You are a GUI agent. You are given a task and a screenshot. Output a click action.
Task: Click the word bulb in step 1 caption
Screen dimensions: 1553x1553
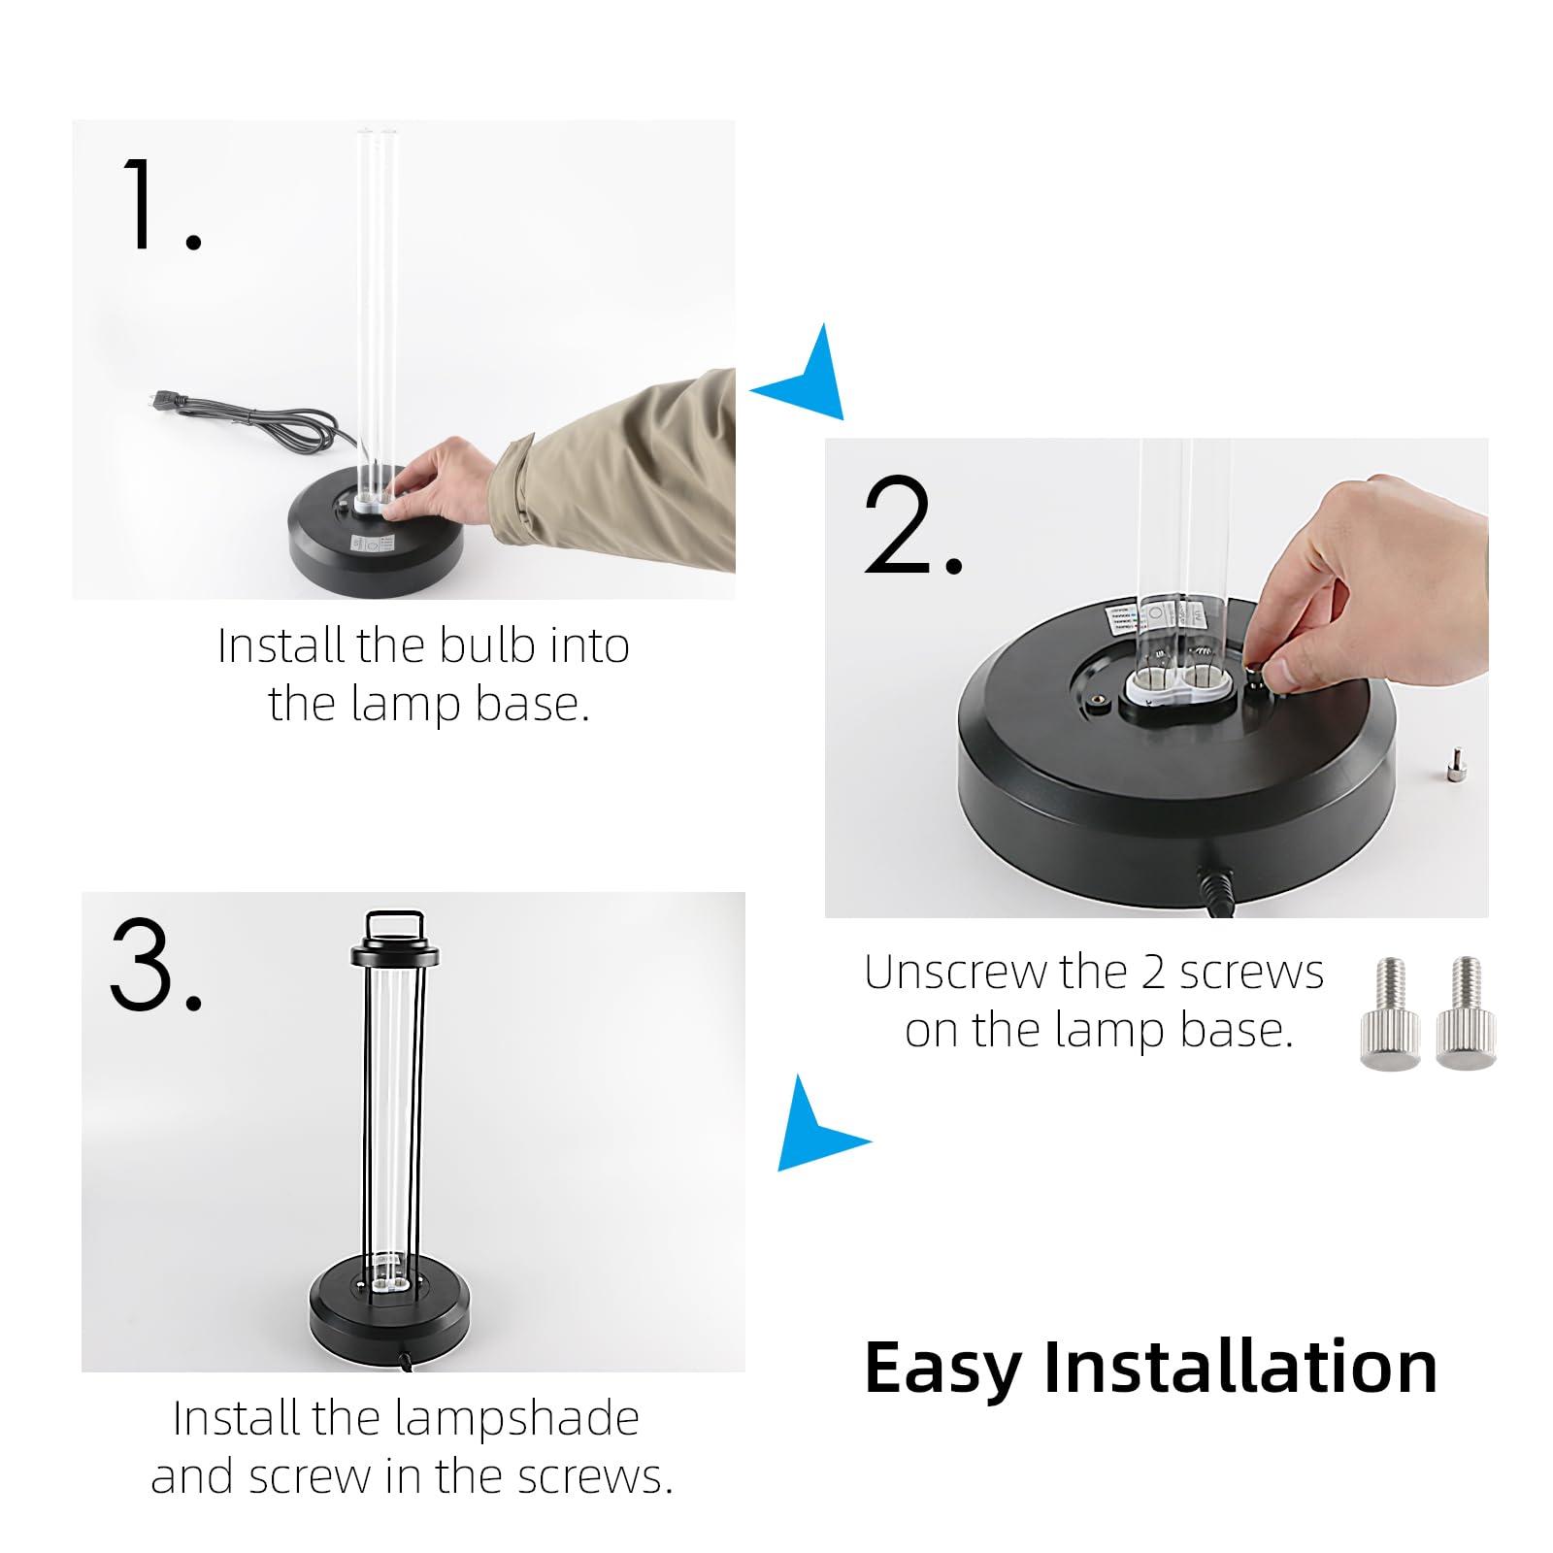[487, 645]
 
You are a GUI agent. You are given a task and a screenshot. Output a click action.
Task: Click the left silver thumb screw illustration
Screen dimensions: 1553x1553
[1390, 1014]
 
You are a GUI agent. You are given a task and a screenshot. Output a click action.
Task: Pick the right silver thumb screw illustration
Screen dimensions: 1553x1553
[1466, 1014]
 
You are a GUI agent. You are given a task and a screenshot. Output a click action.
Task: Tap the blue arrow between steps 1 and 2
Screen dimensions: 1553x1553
[805, 379]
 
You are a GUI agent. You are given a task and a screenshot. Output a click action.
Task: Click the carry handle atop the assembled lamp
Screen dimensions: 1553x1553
[394, 921]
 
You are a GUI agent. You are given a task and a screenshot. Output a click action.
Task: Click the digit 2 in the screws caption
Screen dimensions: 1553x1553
[1153, 973]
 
